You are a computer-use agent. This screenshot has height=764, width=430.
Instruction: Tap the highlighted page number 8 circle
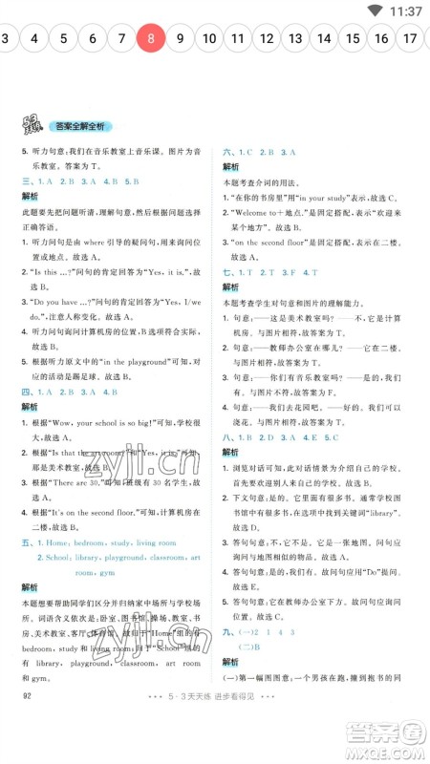[151, 39]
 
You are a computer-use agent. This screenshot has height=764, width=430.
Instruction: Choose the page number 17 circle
[410, 39]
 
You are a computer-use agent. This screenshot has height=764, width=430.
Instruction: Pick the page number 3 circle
[6, 39]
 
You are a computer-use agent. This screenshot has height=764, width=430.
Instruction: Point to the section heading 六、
[229, 153]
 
